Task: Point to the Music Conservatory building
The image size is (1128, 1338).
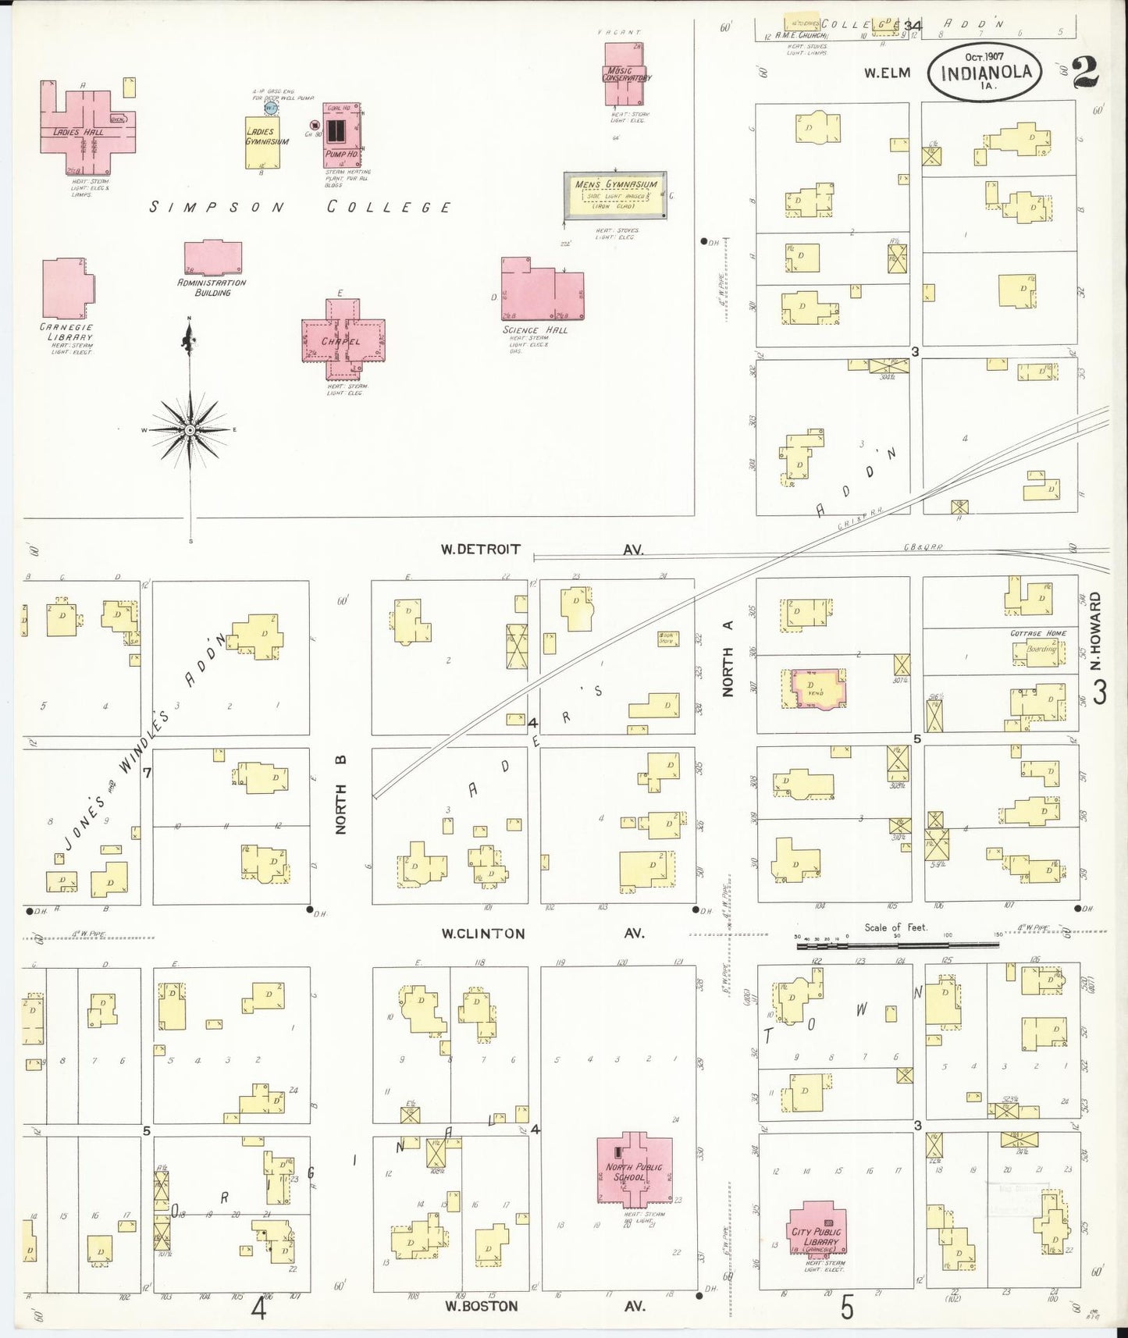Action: click(624, 75)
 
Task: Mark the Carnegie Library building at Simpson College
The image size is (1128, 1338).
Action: click(66, 289)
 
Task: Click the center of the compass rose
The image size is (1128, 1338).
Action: click(190, 430)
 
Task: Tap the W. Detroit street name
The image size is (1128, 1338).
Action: click(480, 550)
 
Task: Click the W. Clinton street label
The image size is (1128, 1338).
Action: click(482, 934)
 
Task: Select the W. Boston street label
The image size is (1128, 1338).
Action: click(482, 1305)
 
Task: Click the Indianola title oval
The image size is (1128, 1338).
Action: click(986, 71)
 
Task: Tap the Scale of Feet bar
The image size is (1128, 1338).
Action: click(898, 945)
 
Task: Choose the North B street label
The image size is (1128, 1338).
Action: click(341, 794)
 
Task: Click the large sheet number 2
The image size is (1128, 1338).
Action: click(1085, 73)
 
